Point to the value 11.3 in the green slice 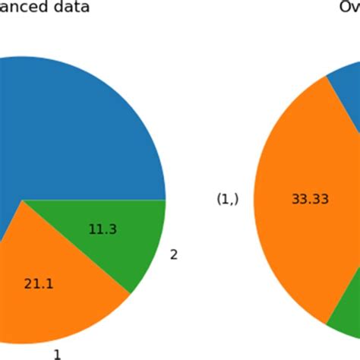pos(103,229)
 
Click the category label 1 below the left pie pos(57,353)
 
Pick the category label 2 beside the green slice pos(173,254)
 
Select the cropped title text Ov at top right pos(349,8)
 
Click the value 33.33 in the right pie pos(310,199)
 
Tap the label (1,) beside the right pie pos(228,199)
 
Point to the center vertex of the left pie pos(23,201)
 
